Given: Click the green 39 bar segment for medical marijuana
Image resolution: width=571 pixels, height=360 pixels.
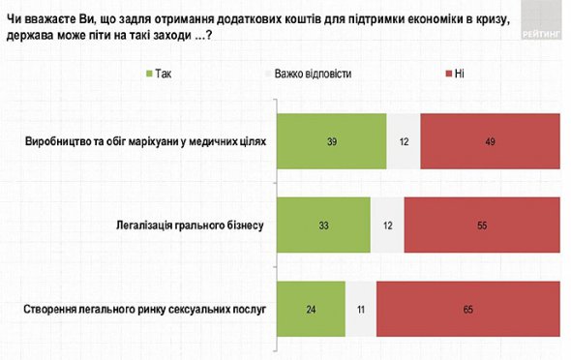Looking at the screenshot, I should pos(332,142).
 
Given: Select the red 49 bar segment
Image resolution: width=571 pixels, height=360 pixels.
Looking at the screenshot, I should pos(491,142).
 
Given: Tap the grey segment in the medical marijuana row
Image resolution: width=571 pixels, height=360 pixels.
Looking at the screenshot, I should pos(404,142).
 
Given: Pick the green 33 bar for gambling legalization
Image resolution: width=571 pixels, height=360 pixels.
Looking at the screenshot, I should pos(323,225).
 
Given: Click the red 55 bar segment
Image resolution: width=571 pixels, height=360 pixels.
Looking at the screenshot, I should pos(482,225).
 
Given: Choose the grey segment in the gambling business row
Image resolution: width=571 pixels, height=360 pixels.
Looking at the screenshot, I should pos(387,225).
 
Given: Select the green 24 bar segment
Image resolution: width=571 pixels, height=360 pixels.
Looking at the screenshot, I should pos(311,310).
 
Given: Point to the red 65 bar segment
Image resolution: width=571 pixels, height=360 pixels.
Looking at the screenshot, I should pos(468,310).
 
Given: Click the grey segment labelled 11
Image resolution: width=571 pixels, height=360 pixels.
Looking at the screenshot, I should pos(361,310).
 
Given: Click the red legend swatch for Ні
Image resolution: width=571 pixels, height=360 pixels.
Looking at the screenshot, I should pos(446,74).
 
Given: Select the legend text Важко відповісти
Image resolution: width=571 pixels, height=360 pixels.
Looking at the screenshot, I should pos(313,74).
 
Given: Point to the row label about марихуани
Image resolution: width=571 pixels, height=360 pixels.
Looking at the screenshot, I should pos(144,142).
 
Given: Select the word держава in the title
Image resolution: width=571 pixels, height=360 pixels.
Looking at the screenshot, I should pos(37,36).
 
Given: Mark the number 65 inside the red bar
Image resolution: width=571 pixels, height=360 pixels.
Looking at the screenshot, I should pos(468,310).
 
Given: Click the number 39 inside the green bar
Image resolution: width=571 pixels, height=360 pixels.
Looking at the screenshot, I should pos(332,142).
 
